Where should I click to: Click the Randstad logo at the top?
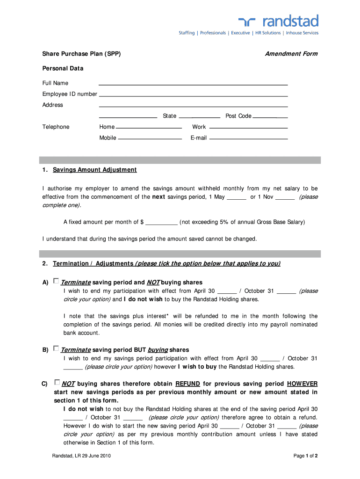[279, 21]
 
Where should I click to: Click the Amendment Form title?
[291, 54]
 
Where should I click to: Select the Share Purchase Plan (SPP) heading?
[82, 54]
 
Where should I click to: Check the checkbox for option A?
[56, 281]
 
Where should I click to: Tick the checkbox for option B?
[56, 348]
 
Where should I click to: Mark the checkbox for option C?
[57, 382]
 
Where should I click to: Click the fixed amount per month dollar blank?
[161, 222]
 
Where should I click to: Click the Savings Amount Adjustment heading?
[94, 170]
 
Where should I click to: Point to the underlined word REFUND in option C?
[187, 384]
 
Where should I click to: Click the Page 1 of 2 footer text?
[305, 456]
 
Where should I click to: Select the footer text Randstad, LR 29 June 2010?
[81, 456]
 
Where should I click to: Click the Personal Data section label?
[63, 68]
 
